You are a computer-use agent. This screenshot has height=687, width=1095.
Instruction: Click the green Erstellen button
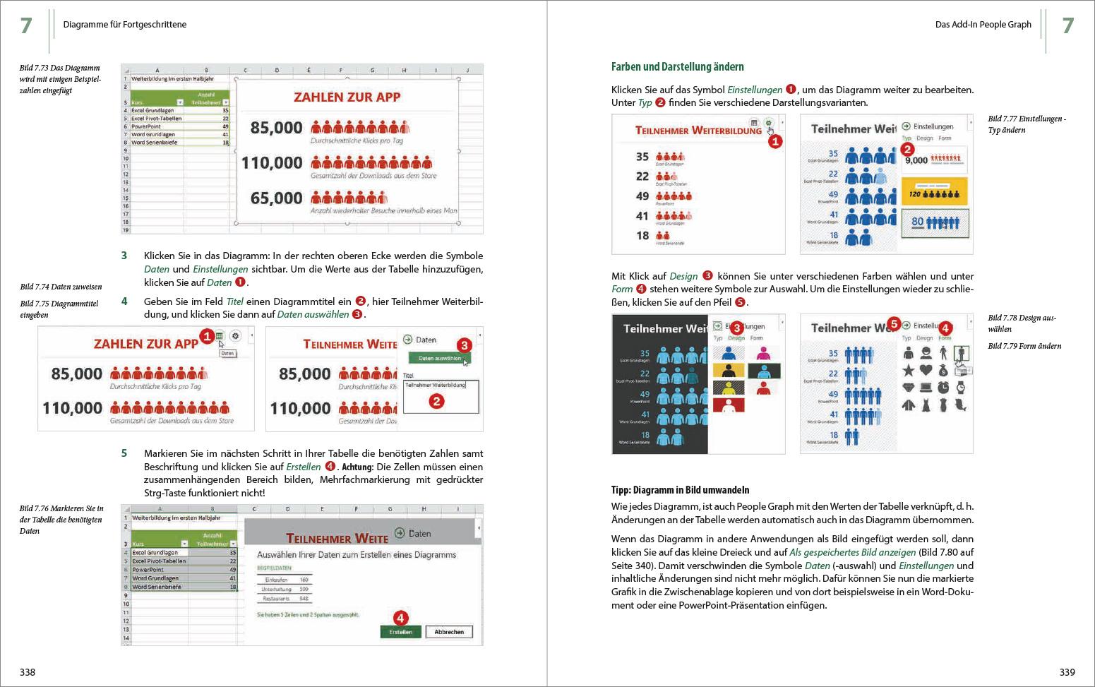click(400, 632)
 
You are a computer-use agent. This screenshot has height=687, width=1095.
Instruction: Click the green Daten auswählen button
click(439, 359)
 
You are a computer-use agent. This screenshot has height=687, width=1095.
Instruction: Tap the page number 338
click(27, 672)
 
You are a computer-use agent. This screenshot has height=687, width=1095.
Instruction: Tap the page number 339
click(1067, 672)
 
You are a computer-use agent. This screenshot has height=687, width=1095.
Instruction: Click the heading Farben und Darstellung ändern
click(677, 67)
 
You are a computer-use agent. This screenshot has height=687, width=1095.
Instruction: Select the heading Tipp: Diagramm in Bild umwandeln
click(680, 490)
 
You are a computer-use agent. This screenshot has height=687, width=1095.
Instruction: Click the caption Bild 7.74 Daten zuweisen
click(61, 287)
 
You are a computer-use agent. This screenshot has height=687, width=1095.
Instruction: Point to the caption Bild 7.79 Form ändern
click(1024, 346)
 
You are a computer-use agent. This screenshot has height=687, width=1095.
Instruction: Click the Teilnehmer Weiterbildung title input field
click(441, 386)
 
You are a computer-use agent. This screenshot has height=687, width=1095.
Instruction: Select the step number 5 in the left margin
click(124, 453)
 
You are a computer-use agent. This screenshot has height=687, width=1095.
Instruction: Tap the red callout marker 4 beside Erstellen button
click(400, 618)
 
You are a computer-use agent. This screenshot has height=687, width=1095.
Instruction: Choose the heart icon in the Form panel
click(926, 370)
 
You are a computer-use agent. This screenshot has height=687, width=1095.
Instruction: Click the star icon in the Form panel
click(908, 370)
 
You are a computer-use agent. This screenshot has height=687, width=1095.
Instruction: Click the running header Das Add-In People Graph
click(983, 25)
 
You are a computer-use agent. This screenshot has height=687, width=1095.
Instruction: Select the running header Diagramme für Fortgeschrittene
click(125, 25)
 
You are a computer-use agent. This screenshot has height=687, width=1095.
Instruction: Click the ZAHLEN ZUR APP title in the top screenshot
click(347, 97)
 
